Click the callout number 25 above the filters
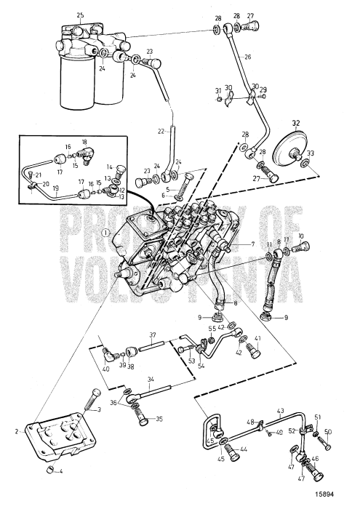coord(80,15)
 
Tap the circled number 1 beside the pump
coord(105,233)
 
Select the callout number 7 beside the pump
coord(252,245)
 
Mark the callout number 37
coord(153,335)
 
